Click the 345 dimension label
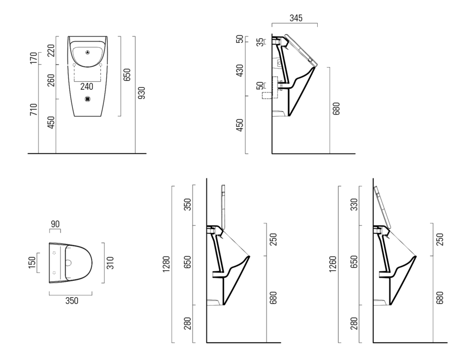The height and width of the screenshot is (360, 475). tap(296, 18)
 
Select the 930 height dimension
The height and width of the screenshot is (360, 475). tap(141, 93)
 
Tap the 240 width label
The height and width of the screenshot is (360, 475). tap(87, 87)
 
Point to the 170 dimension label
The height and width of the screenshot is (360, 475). tap(34, 58)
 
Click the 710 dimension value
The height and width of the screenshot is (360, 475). tap(34, 109)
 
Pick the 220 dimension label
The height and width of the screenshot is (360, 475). tap(51, 51)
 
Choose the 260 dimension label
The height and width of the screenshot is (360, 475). tap(51, 80)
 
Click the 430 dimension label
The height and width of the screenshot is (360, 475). tap(240, 70)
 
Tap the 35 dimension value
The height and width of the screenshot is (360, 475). tap(260, 42)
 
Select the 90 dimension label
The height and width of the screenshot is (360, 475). tap(55, 224)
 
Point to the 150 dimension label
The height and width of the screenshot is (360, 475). tap(32, 263)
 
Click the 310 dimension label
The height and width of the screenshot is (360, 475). tap(110, 263)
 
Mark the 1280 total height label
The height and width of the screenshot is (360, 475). tap(166, 264)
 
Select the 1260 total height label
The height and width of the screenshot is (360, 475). tap(333, 264)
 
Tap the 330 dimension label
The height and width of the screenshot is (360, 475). tap(354, 205)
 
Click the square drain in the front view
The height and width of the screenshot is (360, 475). tap(88, 99)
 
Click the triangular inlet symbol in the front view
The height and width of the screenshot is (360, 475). tap(88, 52)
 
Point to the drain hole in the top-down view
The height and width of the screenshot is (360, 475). tap(68, 263)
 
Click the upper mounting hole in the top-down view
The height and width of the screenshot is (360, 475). tap(54, 253)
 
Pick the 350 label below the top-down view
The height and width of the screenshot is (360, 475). tap(72, 301)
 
